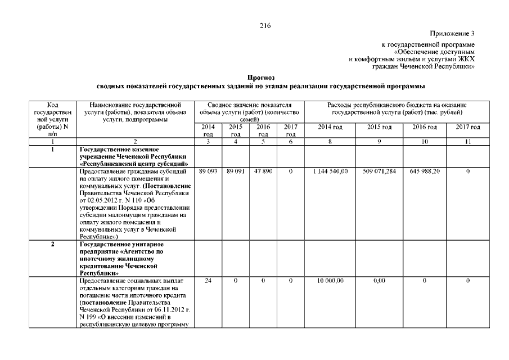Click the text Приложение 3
pyautogui.click(x=452, y=34)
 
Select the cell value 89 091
pyautogui.click(x=235, y=170)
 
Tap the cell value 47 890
pyautogui.click(x=263, y=170)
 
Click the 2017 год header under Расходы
pyautogui.click(x=468, y=128)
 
